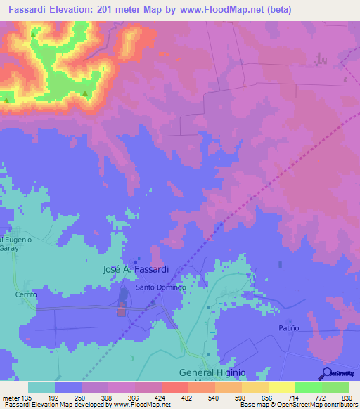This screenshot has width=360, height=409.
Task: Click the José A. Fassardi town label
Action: point(136,269)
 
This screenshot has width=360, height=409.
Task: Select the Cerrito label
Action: point(26,295)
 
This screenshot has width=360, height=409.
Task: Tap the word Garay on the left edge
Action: point(10,248)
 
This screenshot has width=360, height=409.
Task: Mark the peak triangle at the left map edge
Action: point(7,100)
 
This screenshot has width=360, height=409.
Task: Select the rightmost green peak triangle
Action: point(86,93)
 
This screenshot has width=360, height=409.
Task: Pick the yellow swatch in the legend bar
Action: point(281,387)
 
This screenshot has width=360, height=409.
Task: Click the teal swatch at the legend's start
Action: point(41,387)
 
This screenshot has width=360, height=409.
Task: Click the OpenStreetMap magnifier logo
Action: point(326,373)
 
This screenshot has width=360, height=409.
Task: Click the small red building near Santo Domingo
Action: point(120,311)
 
